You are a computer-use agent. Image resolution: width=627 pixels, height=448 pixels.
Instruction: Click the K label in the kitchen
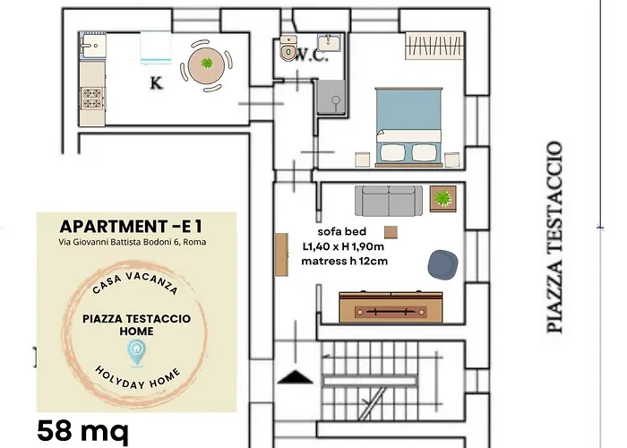tap(156, 83)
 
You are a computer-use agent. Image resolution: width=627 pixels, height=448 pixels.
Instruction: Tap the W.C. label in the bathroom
tap(313, 56)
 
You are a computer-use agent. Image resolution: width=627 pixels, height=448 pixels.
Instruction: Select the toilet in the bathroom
tap(288, 48)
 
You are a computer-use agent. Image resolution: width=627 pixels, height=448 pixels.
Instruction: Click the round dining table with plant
tap(206, 65)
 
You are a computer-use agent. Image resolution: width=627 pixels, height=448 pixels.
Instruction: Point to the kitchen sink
tap(93, 45)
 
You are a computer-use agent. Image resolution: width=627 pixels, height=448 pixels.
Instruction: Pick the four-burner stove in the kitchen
tap(92, 99)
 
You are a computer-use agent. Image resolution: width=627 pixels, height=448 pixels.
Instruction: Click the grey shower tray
tap(331, 98)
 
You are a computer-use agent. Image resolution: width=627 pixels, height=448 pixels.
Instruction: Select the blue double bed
tap(408, 126)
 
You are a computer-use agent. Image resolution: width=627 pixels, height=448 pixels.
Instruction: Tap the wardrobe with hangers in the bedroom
tap(434, 45)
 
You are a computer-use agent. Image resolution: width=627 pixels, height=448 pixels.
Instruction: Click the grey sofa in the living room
tap(389, 201)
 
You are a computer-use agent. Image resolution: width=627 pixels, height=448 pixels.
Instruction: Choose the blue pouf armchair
tap(442, 264)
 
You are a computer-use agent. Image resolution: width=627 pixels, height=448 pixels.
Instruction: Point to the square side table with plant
tap(443, 198)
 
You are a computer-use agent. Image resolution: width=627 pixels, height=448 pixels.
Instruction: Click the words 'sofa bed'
tap(342, 231)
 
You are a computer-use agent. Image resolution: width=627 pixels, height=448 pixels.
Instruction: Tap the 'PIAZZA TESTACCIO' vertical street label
tap(555, 237)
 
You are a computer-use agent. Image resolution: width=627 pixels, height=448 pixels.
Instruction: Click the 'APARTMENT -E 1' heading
tap(131, 227)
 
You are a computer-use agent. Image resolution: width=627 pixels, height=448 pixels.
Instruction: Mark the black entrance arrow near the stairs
tap(295, 377)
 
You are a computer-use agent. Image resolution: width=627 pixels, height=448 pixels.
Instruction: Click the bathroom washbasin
tap(329, 42)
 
